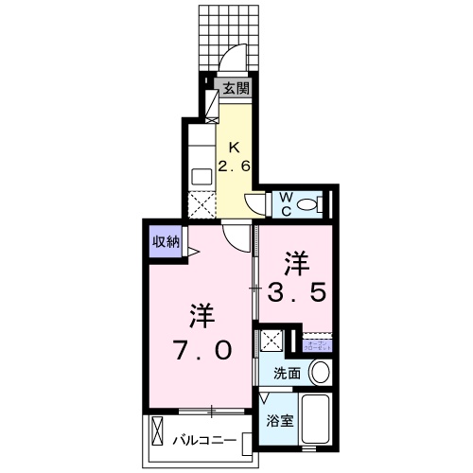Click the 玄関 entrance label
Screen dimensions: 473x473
tap(236, 90)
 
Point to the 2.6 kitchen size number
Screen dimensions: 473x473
tap(236, 166)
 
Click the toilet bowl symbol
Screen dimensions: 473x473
tap(317, 203)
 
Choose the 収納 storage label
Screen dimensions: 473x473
tap(166, 241)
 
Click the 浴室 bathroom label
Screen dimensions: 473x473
tap(279, 420)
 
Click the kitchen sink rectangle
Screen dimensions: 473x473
tap(201, 175)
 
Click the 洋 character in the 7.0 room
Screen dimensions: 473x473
tap(201, 313)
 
